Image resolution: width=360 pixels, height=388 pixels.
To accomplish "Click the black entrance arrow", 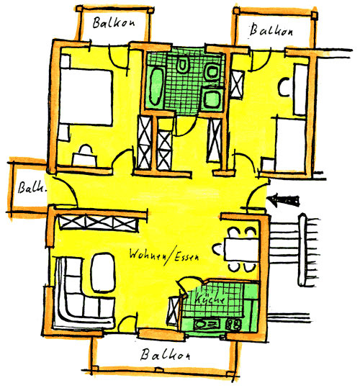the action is pyautogui.click(x=284, y=199).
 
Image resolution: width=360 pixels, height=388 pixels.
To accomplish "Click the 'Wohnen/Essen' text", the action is pyautogui.click(x=164, y=256).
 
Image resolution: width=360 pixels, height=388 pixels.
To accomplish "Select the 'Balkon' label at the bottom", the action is pyautogui.click(x=165, y=355).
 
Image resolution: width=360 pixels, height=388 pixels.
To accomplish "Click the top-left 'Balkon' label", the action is pyautogui.click(x=114, y=23).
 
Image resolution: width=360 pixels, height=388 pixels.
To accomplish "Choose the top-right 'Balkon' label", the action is pyautogui.click(x=271, y=30).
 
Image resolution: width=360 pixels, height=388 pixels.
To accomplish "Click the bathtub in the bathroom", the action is pyautogui.click(x=156, y=86).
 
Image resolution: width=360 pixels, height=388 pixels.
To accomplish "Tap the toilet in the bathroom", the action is pyautogui.click(x=183, y=66).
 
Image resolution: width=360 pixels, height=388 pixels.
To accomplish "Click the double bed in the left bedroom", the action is pyautogui.click(x=86, y=97).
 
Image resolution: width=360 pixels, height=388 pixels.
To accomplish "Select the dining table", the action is pyautogui.click(x=241, y=249).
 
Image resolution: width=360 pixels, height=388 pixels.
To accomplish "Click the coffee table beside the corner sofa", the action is pyautogui.click(x=103, y=272).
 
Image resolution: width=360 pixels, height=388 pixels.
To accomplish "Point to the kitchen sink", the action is pyautogui.click(x=207, y=324).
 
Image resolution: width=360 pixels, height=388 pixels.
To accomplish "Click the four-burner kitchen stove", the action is pyautogui.click(x=233, y=325).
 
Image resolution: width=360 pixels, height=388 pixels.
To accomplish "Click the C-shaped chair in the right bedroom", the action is pyautogui.click(x=284, y=87).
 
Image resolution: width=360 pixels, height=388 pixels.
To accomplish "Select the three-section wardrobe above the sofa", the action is pyautogui.click(x=99, y=223).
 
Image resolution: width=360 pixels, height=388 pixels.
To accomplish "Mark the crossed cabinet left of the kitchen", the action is pyautogui.click(x=173, y=311).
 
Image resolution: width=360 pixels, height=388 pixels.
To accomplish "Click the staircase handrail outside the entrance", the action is pyautogui.click(x=302, y=251).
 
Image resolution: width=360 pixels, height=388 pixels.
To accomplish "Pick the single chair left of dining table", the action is pyautogui.click(x=217, y=249).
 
